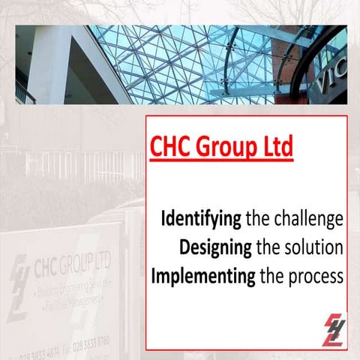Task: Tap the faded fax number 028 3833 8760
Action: (x=87, y=342)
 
